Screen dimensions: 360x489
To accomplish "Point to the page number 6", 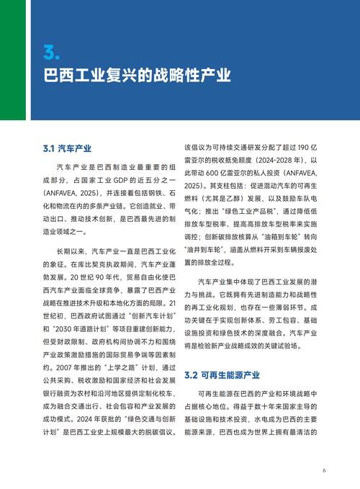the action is (325, 470).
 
